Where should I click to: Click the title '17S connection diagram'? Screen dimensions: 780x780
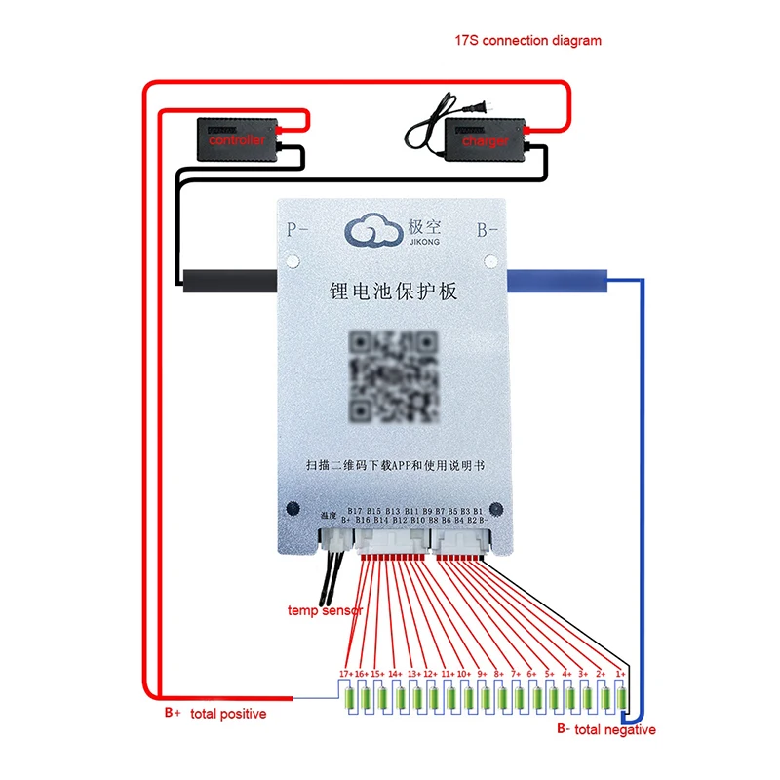[x=527, y=41]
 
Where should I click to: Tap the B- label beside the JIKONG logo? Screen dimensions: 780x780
[x=487, y=232]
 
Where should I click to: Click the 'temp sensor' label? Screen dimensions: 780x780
[x=325, y=611]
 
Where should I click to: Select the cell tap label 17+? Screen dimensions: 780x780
[x=345, y=674]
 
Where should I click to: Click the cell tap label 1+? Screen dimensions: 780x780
[x=620, y=674]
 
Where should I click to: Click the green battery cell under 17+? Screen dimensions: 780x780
[x=345, y=698]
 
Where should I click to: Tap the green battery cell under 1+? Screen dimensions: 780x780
[x=620, y=698]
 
